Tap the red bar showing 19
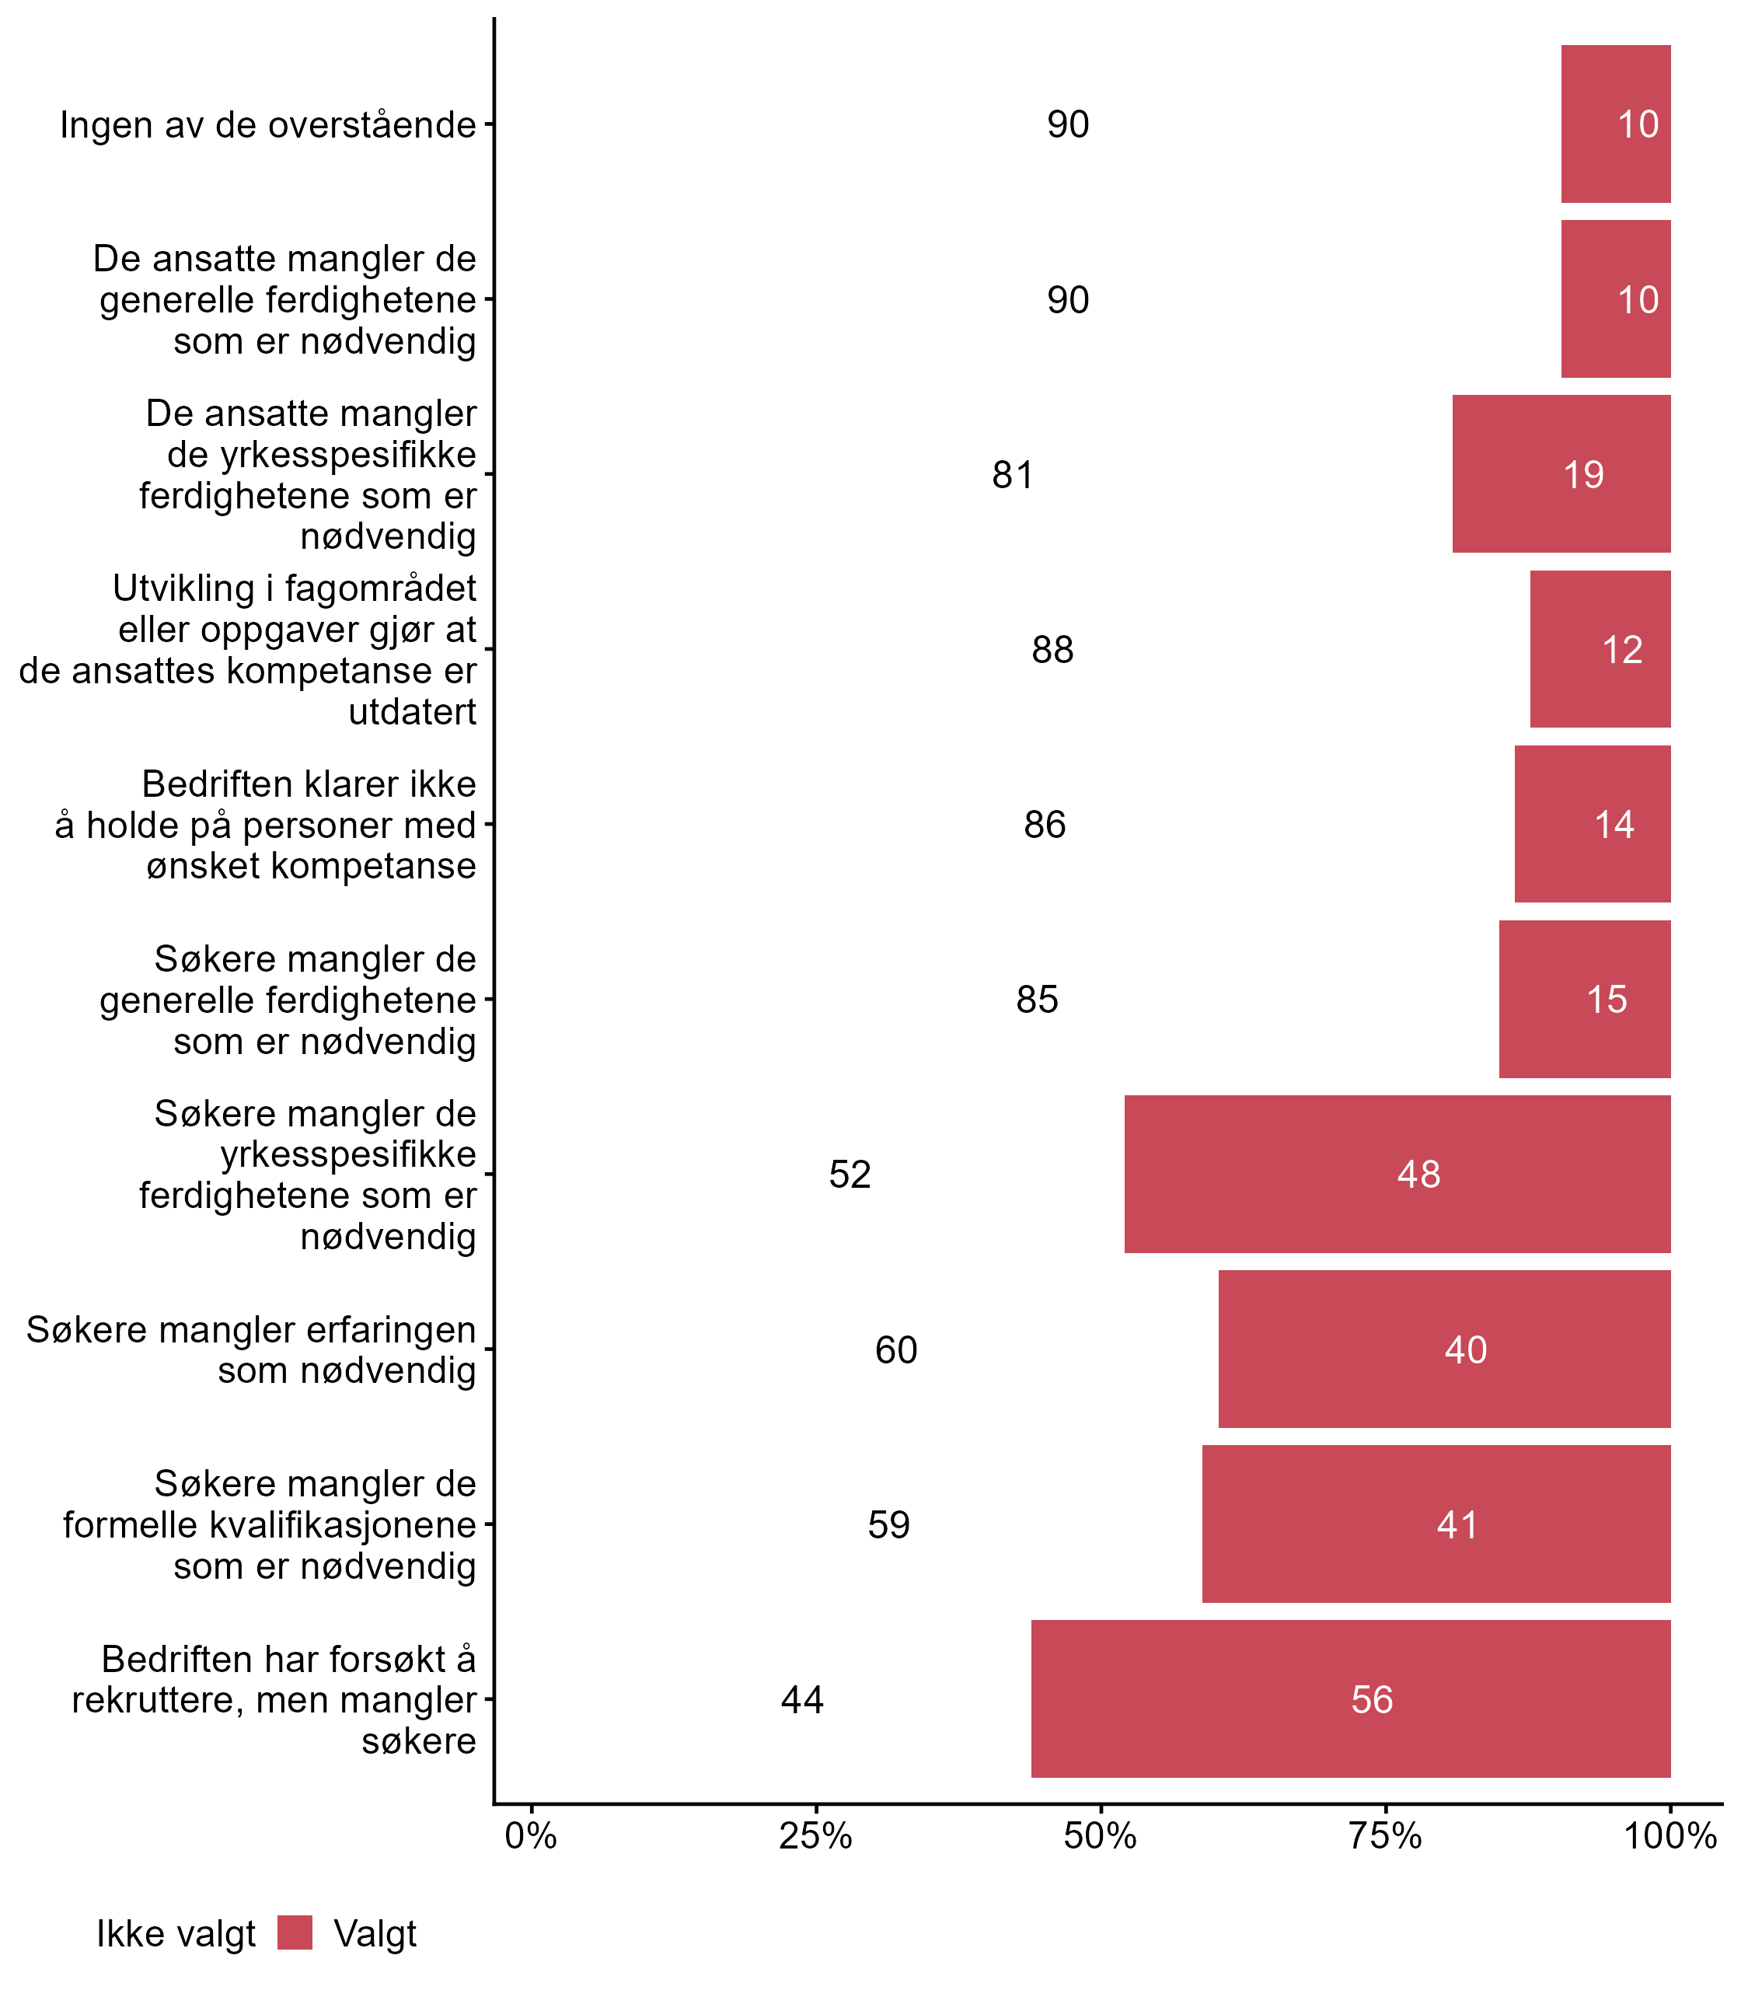[1561, 474]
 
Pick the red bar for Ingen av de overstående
[1616, 124]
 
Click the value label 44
[802, 1701]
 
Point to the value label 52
[850, 1175]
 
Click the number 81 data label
[1012, 475]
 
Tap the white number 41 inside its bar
[1457, 1525]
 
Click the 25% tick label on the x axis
[816, 1836]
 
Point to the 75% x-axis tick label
[1385, 1836]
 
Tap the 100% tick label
[1671, 1836]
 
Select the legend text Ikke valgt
[176, 1934]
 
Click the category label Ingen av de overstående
[268, 125]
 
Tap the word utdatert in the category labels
[412, 712]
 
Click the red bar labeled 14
[1593, 824]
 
